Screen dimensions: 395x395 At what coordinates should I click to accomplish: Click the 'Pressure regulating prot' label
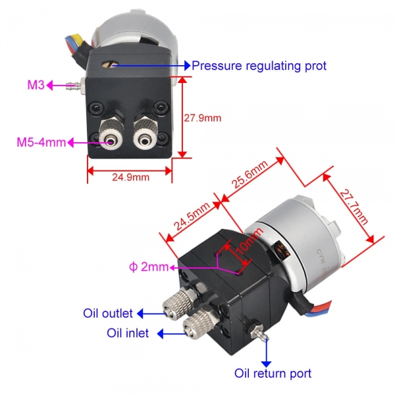(259, 66)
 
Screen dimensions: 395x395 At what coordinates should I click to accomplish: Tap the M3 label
(36, 85)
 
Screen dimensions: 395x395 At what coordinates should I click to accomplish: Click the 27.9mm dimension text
(203, 118)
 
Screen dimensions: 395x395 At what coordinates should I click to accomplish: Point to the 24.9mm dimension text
(129, 176)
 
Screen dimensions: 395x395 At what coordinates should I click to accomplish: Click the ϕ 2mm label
(149, 267)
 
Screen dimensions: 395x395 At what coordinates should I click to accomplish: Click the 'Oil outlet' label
(108, 312)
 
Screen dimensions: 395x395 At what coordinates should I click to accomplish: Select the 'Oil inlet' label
(128, 333)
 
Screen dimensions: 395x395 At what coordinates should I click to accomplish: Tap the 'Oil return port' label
(273, 373)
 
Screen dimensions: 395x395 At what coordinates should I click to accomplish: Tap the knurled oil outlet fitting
(182, 305)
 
